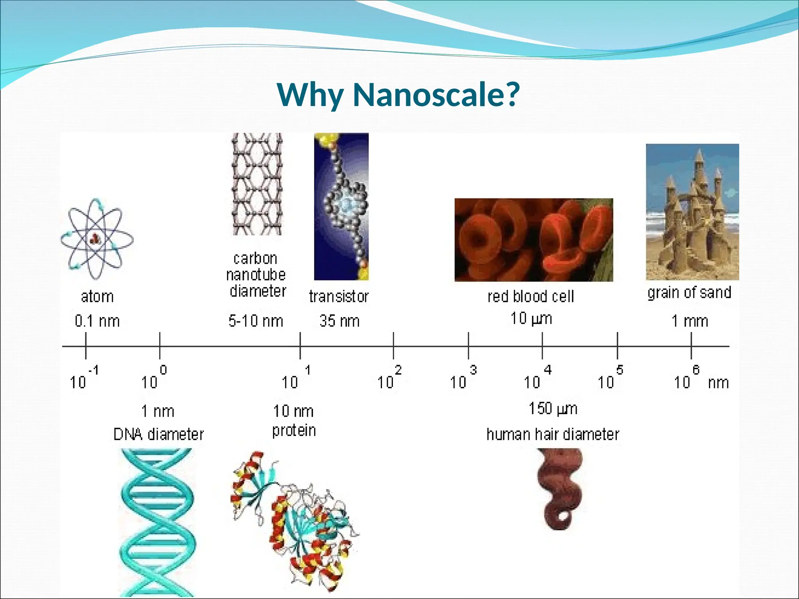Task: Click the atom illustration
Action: (x=97, y=239)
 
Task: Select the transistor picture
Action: (x=341, y=207)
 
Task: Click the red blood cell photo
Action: (x=533, y=240)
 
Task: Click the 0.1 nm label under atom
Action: (x=97, y=321)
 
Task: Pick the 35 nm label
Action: (x=339, y=321)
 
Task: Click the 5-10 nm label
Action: (x=256, y=321)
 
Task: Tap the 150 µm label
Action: (x=553, y=409)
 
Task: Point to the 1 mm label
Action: (x=689, y=321)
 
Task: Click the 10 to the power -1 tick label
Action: (x=83, y=378)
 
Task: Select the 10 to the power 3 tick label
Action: (x=463, y=378)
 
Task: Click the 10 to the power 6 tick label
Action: (x=687, y=378)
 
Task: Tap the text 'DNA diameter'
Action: (x=158, y=434)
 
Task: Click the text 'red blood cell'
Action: (x=531, y=296)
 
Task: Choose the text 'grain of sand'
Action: (x=689, y=292)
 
